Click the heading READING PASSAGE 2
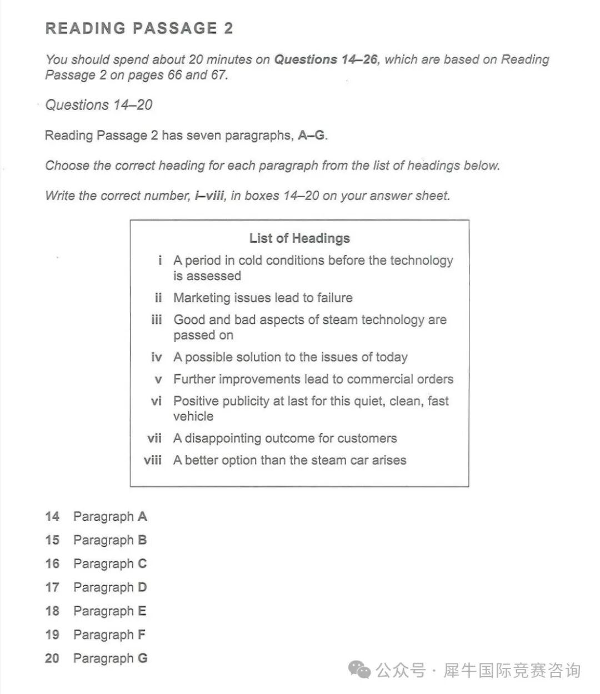tap(139, 28)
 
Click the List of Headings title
tap(299, 238)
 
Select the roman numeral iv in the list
tap(157, 357)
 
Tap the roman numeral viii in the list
tap(153, 460)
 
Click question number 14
tap(52, 517)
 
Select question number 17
tap(52, 587)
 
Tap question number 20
tap(52, 658)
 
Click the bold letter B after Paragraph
tap(142, 540)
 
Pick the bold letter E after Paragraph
tap(142, 611)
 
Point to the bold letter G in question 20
tap(143, 658)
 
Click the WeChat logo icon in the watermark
tap(359, 670)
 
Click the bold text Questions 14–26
tap(326, 59)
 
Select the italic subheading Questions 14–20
tap(99, 105)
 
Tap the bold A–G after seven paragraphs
tap(311, 135)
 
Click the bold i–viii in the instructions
tap(210, 196)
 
